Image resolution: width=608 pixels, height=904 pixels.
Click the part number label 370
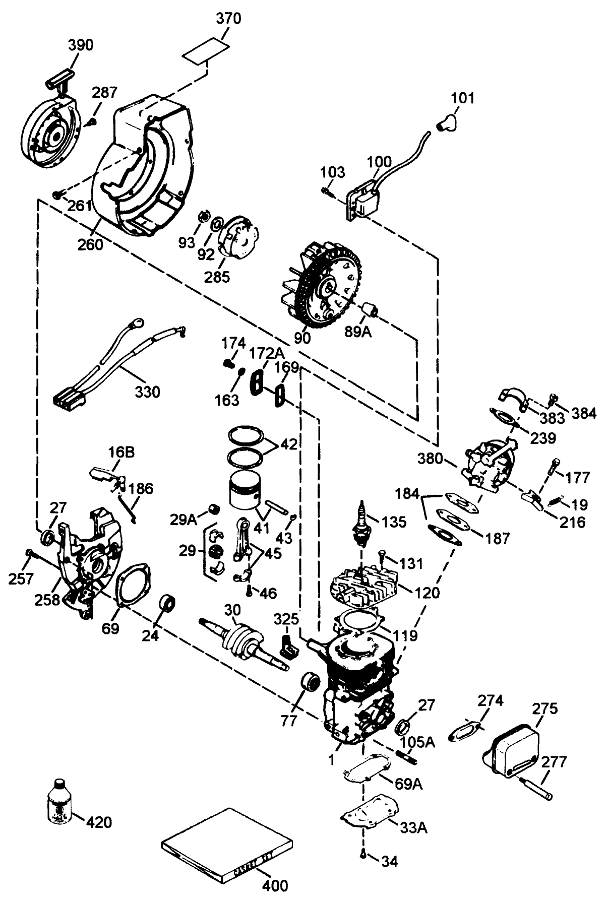pos(228,19)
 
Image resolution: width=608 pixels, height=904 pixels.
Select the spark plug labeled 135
pos(362,523)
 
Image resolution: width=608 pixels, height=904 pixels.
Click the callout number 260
pos(90,244)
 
